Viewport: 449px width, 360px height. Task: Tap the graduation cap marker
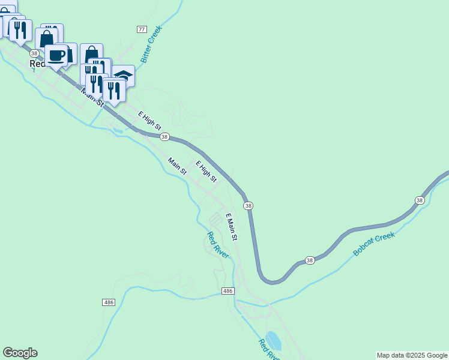tap(124, 75)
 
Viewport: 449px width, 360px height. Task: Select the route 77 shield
tap(142, 29)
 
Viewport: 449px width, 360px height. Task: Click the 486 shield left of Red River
tap(108, 302)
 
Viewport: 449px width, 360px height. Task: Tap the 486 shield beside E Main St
tap(227, 291)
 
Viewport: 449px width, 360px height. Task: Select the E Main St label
tap(232, 227)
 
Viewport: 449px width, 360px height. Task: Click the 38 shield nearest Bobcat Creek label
tap(309, 260)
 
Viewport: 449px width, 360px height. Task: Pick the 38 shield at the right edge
tap(419, 200)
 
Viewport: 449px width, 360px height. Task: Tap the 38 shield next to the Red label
tap(35, 53)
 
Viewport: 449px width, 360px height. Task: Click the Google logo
tap(20, 353)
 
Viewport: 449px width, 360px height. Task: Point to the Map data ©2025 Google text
tap(412, 356)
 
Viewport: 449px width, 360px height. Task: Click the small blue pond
tap(273, 340)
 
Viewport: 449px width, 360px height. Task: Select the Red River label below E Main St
tap(218, 245)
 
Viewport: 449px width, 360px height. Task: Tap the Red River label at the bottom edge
tap(268, 350)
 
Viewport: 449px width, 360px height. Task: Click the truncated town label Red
tap(38, 63)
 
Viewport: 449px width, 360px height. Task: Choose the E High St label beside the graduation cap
tap(149, 121)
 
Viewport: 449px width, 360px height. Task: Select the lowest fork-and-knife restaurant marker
tap(113, 90)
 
